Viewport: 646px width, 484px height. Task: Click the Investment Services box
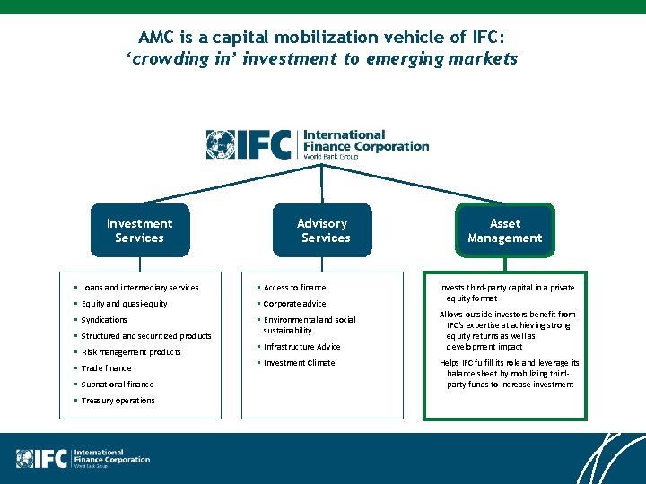coord(139,230)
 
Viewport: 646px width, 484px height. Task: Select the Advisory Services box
coord(322,230)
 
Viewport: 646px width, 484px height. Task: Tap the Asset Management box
coord(504,230)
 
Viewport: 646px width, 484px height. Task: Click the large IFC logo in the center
coord(318,144)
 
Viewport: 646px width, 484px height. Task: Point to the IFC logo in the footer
coord(83,458)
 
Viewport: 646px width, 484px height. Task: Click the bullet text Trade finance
coord(106,368)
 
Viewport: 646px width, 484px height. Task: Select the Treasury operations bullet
coord(118,401)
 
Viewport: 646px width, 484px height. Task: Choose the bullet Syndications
coord(104,320)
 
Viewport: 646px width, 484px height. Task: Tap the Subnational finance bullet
coord(117,385)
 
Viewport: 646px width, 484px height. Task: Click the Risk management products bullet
coord(131,352)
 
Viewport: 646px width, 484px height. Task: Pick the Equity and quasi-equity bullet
coord(124,304)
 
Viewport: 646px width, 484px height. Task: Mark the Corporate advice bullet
coord(295,304)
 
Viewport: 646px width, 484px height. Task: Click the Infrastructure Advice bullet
coord(301,347)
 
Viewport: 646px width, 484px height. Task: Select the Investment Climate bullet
coord(299,363)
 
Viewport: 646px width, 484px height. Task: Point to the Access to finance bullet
coord(294,288)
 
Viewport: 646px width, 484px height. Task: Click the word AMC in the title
coord(156,38)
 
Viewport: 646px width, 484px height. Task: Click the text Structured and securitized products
coord(146,336)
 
